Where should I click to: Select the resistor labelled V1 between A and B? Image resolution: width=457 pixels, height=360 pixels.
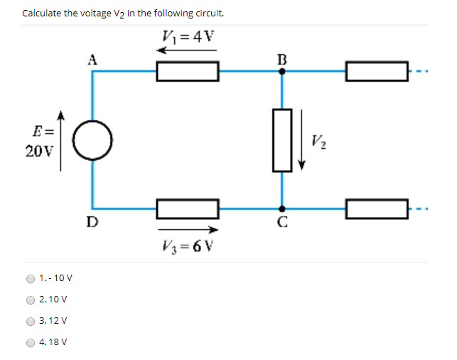click(188, 71)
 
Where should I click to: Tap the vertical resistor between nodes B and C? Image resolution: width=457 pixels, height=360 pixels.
click(282, 139)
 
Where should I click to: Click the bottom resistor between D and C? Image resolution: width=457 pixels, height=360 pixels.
click(188, 208)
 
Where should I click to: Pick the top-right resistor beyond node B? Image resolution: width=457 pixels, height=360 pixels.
click(377, 71)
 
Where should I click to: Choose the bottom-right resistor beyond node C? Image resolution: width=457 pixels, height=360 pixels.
click(377, 208)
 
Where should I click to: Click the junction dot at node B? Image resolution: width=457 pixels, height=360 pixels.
click(282, 71)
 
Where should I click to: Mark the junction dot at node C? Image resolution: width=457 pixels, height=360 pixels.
click(282, 208)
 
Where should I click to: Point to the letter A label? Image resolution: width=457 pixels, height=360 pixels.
click(91, 59)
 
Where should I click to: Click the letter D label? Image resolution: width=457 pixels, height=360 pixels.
click(92, 221)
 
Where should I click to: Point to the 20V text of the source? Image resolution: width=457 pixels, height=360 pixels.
click(36, 151)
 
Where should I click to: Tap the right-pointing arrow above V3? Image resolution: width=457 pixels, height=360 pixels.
click(188, 229)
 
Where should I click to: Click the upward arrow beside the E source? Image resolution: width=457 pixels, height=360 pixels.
click(61, 140)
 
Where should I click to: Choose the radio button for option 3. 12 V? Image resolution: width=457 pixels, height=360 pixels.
click(31, 321)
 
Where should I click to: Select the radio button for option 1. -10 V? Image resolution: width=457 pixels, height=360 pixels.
click(31, 279)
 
